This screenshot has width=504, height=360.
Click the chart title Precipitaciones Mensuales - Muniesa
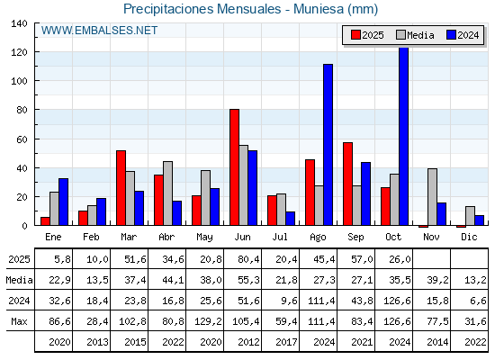pyautogui.click(x=250, y=9)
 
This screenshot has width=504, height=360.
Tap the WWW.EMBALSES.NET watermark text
pyautogui.click(x=99, y=31)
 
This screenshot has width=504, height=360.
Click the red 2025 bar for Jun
pyautogui.click(x=234, y=167)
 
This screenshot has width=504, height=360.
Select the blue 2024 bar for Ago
pyautogui.click(x=328, y=145)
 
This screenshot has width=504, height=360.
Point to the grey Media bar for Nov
pyautogui.click(x=432, y=197)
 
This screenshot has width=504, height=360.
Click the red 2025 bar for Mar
pyautogui.click(x=121, y=188)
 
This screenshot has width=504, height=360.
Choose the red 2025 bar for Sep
pyautogui.click(x=347, y=184)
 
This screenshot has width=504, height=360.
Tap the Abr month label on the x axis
pyautogui.click(x=166, y=237)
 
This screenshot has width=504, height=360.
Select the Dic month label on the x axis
pyautogui.click(x=469, y=237)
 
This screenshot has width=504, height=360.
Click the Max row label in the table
pyautogui.click(x=18, y=320)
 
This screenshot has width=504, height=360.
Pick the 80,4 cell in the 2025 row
pyautogui.click(x=242, y=259)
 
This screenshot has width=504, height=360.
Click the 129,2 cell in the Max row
pyautogui.click(x=204, y=320)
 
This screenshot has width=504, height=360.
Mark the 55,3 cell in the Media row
pyautogui.click(x=242, y=280)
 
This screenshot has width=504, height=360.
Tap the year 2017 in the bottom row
pyautogui.click(x=280, y=341)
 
